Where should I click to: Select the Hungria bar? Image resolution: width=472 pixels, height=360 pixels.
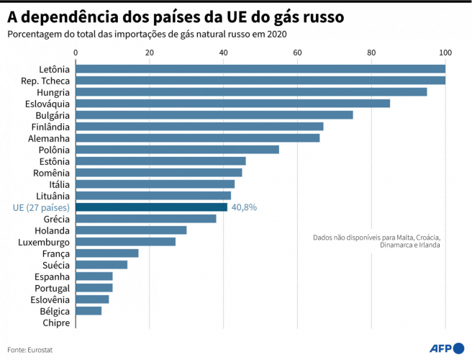coord(251,92)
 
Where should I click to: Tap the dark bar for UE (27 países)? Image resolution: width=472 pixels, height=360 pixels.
coord(151,207)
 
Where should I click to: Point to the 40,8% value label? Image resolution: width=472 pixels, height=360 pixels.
coord(244,207)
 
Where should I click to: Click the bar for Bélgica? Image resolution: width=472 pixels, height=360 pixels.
coord(88,311)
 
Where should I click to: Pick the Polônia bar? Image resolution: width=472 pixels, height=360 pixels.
coord(177,150)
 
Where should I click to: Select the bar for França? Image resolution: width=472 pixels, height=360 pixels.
coord(107,253)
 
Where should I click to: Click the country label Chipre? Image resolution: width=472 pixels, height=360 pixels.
coord(56,323)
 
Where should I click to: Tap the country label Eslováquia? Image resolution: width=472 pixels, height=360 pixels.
coord(44,104)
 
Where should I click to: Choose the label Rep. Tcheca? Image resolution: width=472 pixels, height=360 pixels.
coord(45,81)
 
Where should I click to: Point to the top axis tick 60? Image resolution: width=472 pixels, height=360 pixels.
coord(298,53)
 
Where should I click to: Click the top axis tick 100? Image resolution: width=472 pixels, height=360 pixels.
coord(445,53)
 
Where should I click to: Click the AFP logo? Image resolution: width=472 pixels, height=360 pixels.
coord(445,349)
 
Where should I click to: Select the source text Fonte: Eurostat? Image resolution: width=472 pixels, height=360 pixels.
coord(30,350)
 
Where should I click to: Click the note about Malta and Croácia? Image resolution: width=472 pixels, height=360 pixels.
coord(376,240)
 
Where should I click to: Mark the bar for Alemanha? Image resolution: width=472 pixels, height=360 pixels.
coord(198,138)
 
